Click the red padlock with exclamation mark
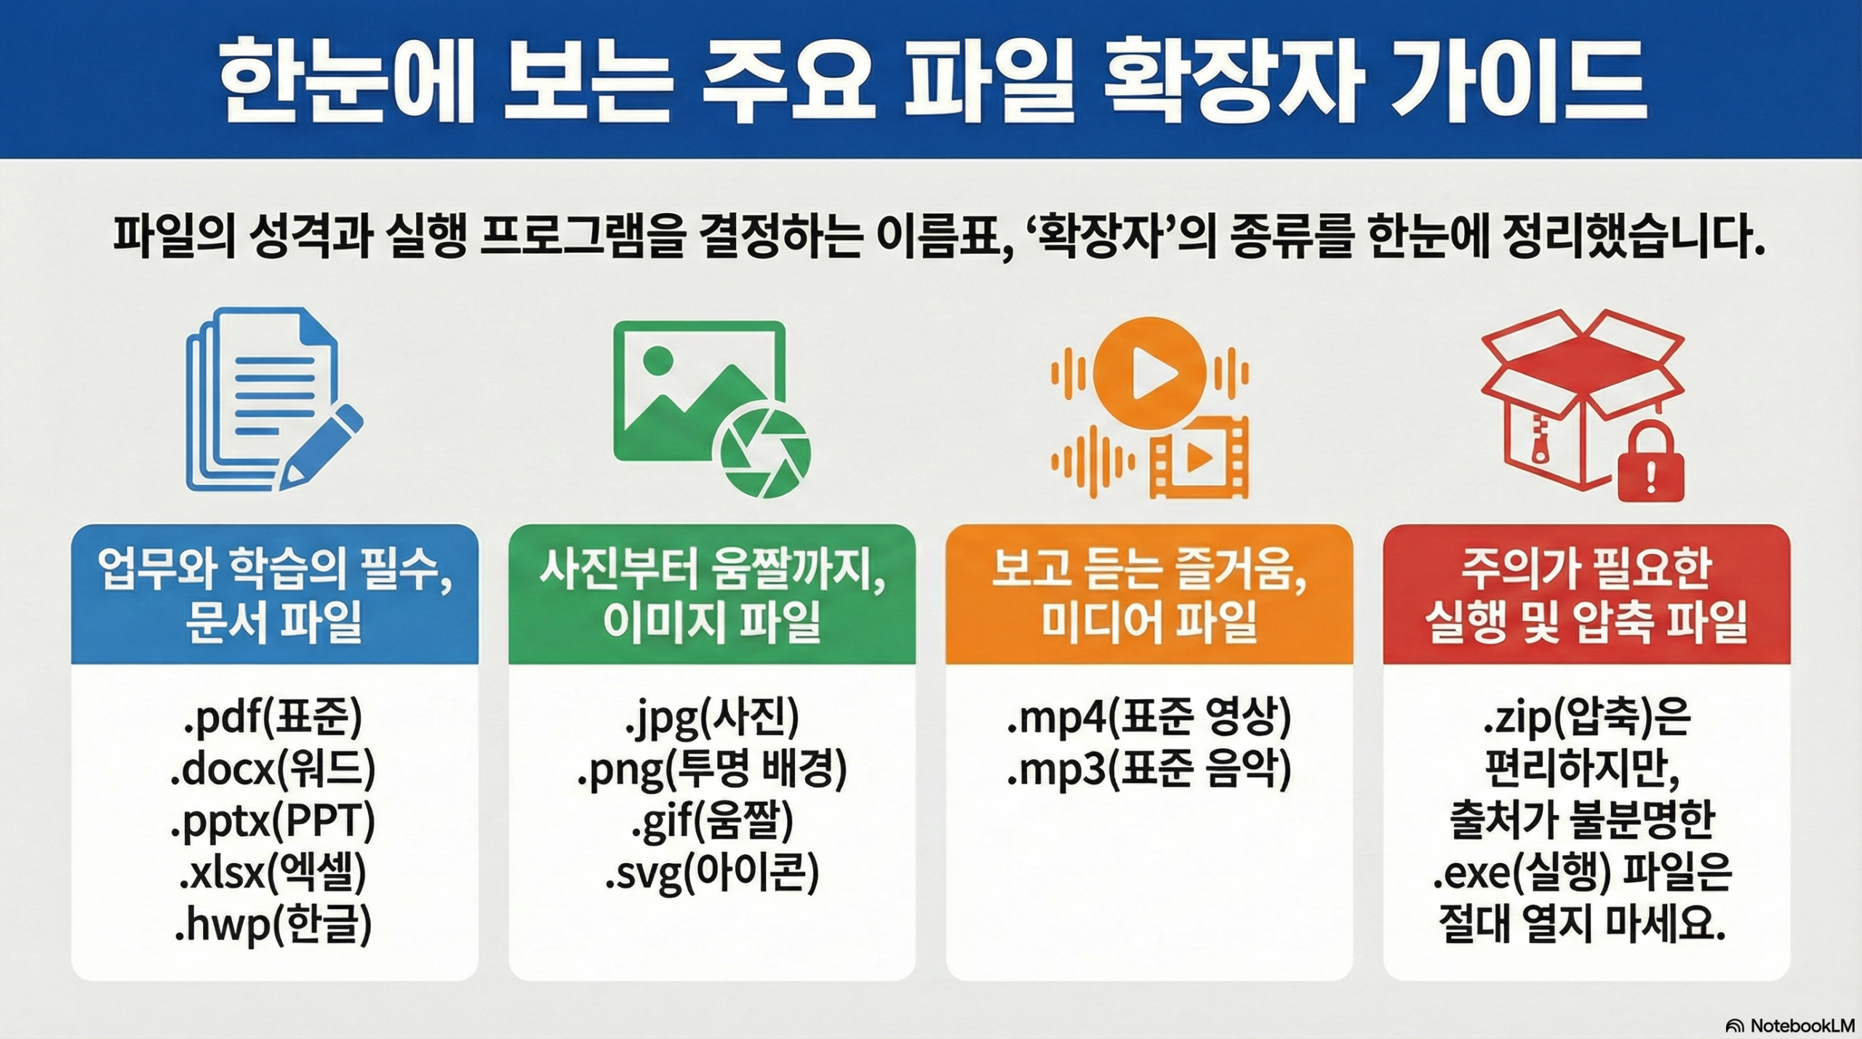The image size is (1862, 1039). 1650,461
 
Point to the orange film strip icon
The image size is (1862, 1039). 1199,457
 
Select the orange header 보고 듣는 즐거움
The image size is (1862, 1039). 1149,570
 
